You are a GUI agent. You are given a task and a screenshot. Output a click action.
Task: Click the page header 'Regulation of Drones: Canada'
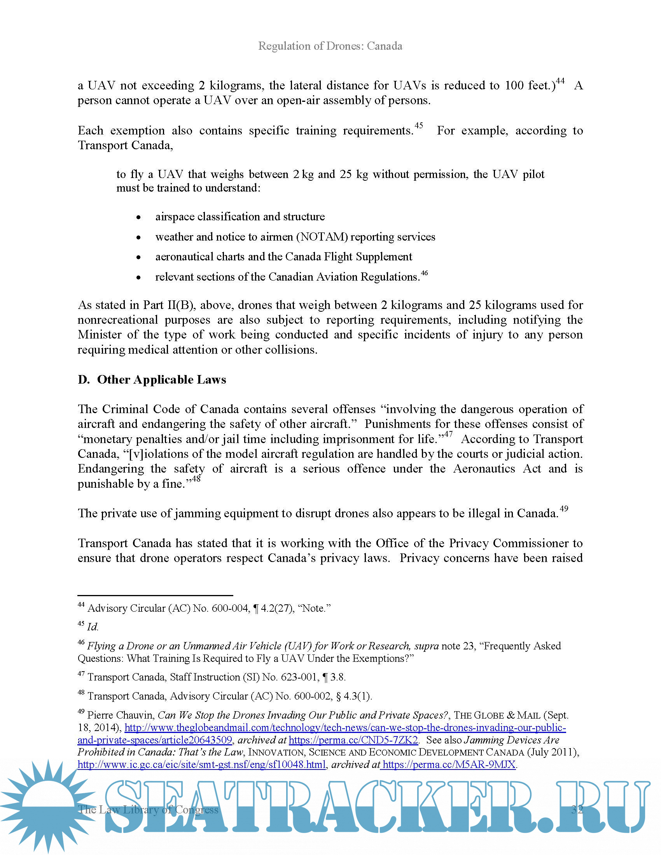(330, 46)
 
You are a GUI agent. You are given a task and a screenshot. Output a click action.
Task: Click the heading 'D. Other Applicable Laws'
(152, 380)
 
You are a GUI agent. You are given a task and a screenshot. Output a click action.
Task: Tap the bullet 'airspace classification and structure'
(240, 216)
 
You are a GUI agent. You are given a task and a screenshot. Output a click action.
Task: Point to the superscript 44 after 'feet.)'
(560, 81)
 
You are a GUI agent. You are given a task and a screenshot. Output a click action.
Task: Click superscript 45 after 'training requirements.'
(419, 126)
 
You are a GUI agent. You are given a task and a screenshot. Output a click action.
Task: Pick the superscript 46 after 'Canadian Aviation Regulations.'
(424, 273)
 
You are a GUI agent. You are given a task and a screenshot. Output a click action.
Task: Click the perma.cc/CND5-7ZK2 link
(353, 740)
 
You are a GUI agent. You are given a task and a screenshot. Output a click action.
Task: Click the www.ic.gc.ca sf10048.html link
(202, 764)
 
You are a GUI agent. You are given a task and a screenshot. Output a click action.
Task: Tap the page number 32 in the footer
(577, 809)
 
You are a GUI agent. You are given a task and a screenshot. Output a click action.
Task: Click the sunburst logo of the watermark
(47, 806)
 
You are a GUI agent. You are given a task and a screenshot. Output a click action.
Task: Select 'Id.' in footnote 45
(93, 627)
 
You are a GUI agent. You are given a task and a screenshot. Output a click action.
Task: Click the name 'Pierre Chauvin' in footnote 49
(120, 715)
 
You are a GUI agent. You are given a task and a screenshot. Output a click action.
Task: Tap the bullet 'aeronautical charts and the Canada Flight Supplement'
(283, 257)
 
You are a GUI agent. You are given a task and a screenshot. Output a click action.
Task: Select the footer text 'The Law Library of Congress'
(148, 809)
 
